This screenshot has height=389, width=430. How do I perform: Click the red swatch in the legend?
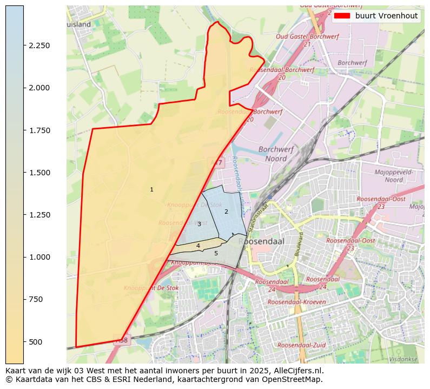[x=342, y=16]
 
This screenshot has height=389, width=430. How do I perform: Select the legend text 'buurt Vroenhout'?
[x=386, y=16]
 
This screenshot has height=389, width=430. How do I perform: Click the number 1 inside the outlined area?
[x=151, y=190]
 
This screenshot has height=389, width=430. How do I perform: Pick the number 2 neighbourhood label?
[x=226, y=212]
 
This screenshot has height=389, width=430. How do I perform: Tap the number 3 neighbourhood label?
[x=199, y=224]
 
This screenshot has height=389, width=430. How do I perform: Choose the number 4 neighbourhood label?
[x=198, y=246]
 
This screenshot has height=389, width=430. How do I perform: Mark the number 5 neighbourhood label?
[x=216, y=253]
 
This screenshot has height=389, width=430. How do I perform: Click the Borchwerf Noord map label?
[x=276, y=154]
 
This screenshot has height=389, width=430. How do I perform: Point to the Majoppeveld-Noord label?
[x=394, y=176]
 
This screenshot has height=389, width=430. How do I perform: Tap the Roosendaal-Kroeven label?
[x=296, y=302]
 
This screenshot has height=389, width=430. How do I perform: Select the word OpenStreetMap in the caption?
[x=295, y=379]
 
